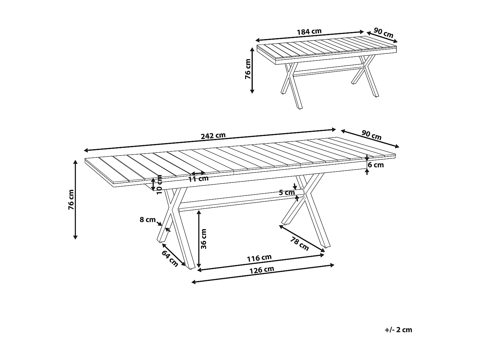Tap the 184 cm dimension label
[309, 32]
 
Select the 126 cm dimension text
[262, 270]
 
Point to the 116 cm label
[259, 258]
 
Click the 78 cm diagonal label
[300, 244]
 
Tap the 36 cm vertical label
[204, 239]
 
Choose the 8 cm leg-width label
[148, 220]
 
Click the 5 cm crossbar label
[287, 193]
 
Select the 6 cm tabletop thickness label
[376, 165]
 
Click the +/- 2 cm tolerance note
[398, 330]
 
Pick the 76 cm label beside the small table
[248, 69]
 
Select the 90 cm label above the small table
[383, 33]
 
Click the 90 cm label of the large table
[371, 135]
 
